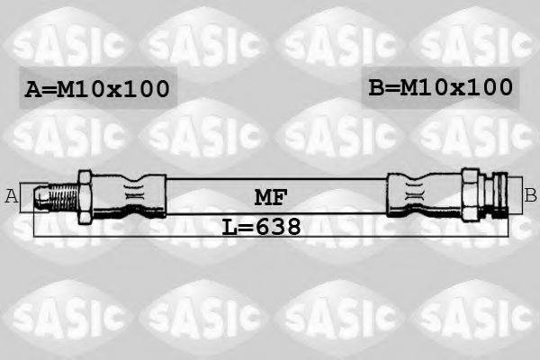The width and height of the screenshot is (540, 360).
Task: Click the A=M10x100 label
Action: pyautogui.click(x=97, y=89)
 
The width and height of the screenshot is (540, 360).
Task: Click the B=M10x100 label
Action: pyautogui.click(x=440, y=87)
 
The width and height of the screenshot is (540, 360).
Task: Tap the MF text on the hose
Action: pyautogui.click(x=266, y=195)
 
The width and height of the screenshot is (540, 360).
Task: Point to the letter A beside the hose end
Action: pyautogui.click(x=12, y=195)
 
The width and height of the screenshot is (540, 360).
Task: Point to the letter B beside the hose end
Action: pyautogui.click(x=530, y=193)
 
